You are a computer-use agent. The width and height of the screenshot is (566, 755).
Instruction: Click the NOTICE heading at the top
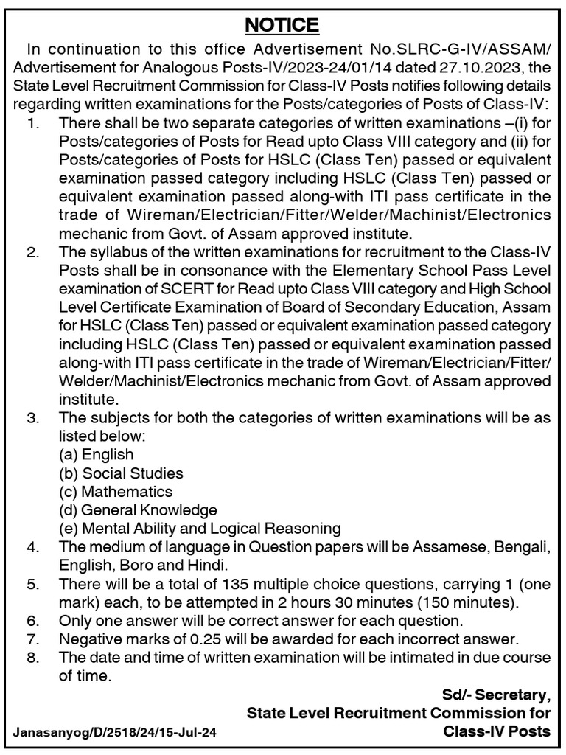(x=282, y=25)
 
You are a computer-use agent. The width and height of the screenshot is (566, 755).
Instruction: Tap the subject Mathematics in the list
(x=127, y=491)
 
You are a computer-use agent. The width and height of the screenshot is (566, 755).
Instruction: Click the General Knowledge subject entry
(x=149, y=509)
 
